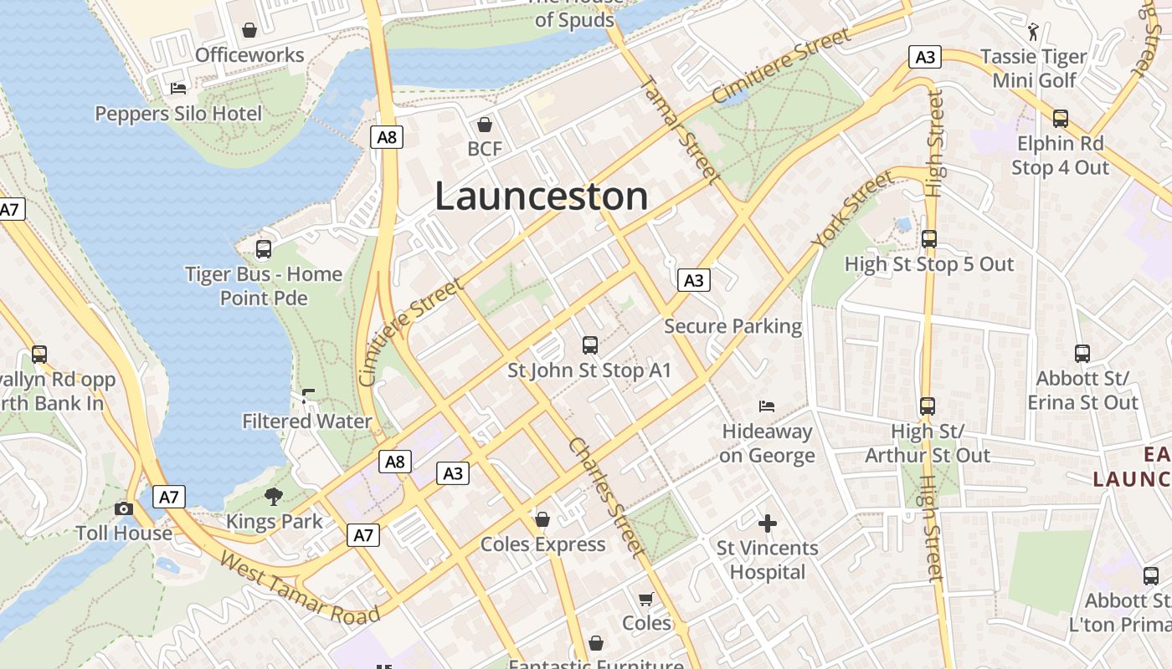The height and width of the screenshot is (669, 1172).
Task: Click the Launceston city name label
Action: click(x=541, y=197)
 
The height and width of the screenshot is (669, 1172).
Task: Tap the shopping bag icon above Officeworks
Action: click(x=249, y=31)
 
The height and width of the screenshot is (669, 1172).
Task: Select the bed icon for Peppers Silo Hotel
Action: click(x=177, y=88)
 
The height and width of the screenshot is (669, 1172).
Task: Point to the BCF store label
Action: click(x=485, y=149)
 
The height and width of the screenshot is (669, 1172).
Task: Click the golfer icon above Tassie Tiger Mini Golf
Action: click(x=1033, y=32)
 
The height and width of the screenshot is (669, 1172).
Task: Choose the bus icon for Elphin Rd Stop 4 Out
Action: click(x=1060, y=119)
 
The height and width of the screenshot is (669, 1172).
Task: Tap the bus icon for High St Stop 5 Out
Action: click(x=928, y=239)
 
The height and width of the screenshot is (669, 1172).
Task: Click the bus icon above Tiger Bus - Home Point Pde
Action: click(x=264, y=249)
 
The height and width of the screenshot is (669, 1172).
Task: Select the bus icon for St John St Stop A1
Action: click(x=590, y=345)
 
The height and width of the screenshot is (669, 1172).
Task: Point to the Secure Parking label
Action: click(x=732, y=326)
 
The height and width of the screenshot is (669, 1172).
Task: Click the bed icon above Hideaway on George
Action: click(x=767, y=406)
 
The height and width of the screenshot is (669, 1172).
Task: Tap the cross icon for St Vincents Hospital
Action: click(x=767, y=524)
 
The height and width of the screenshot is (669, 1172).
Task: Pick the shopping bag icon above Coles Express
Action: click(x=542, y=519)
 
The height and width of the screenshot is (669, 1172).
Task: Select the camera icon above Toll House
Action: click(x=124, y=508)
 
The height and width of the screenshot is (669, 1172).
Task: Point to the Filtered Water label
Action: click(x=306, y=421)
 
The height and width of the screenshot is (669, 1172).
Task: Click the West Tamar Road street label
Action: click(x=300, y=588)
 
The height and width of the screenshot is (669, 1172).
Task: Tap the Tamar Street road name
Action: click(x=678, y=130)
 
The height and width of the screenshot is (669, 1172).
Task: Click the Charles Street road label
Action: click(x=607, y=497)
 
